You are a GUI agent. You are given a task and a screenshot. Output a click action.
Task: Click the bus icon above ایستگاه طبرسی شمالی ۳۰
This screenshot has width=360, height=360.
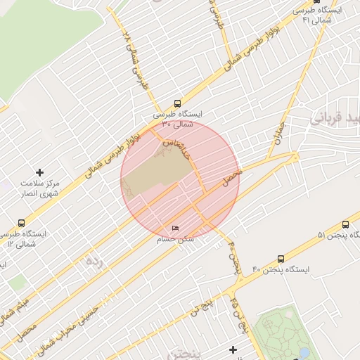pos(178,102)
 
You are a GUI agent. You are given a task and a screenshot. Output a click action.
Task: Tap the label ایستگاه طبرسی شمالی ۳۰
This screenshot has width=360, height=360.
pos(177,118)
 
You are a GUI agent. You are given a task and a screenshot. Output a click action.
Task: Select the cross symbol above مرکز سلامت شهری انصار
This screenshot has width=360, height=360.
pos(39,172)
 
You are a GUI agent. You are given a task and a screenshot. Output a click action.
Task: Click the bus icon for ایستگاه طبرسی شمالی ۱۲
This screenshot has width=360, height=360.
pos(21,223)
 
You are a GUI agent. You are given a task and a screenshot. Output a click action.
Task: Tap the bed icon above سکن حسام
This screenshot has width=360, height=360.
pos(176,229)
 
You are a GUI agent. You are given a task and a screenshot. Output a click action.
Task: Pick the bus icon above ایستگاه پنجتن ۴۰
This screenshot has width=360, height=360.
pos(281,259)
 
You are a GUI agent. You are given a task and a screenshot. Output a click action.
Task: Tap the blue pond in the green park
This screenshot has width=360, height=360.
pos(303,351)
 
